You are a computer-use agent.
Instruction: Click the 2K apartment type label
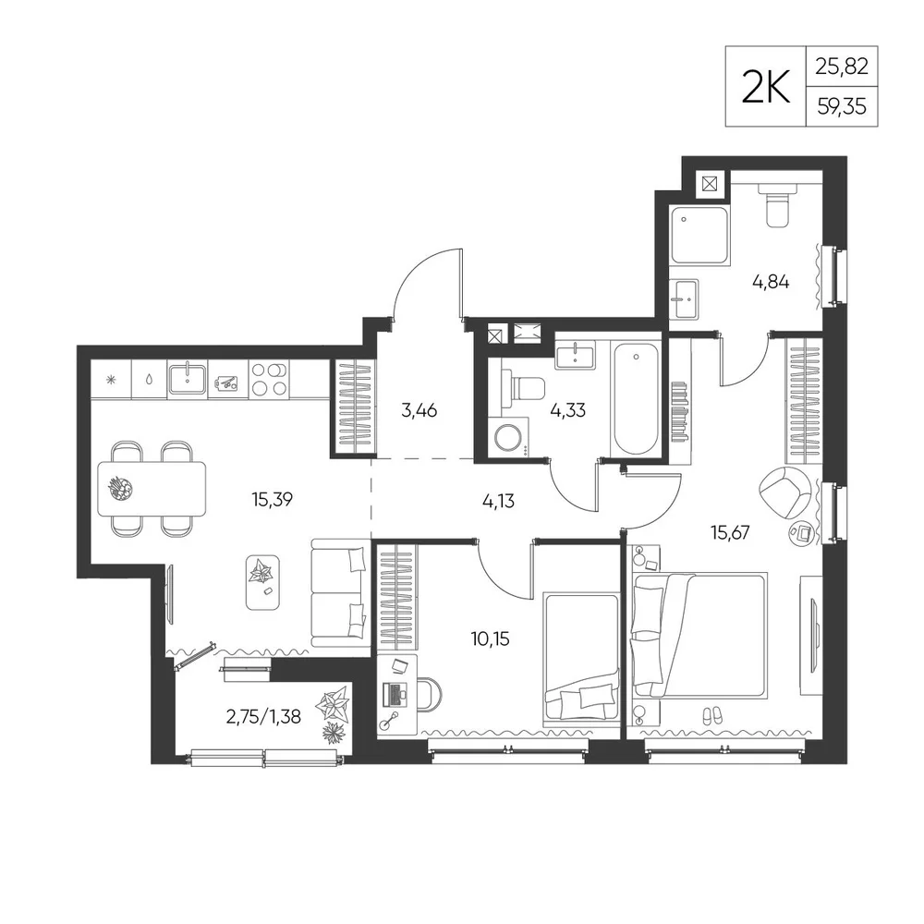click(x=765, y=87)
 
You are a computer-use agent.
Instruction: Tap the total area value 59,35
click(x=842, y=106)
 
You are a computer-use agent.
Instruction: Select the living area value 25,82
click(x=842, y=67)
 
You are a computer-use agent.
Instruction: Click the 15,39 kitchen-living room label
click(x=272, y=500)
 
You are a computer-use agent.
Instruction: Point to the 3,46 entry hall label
click(x=419, y=410)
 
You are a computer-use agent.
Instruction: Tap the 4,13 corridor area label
click(x=498, y=502)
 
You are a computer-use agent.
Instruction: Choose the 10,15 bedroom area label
click(x=491, y=638)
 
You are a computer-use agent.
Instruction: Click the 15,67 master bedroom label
click(x=730, y=533)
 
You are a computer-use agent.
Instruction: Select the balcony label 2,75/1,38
click(x=263, y=717)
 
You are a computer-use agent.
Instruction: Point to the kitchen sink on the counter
click(x=187, y=379)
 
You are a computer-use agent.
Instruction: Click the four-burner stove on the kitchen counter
click(x=269, y=379)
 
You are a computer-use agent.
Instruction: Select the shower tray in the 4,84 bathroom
click(x=699, y=235)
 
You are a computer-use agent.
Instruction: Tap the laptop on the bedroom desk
click(x=395, y=694)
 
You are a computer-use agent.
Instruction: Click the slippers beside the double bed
click(x=711, y=716)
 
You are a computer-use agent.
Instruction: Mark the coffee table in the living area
click(x=262, y=583)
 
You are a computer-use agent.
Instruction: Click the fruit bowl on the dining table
click(x=121, y=489)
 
